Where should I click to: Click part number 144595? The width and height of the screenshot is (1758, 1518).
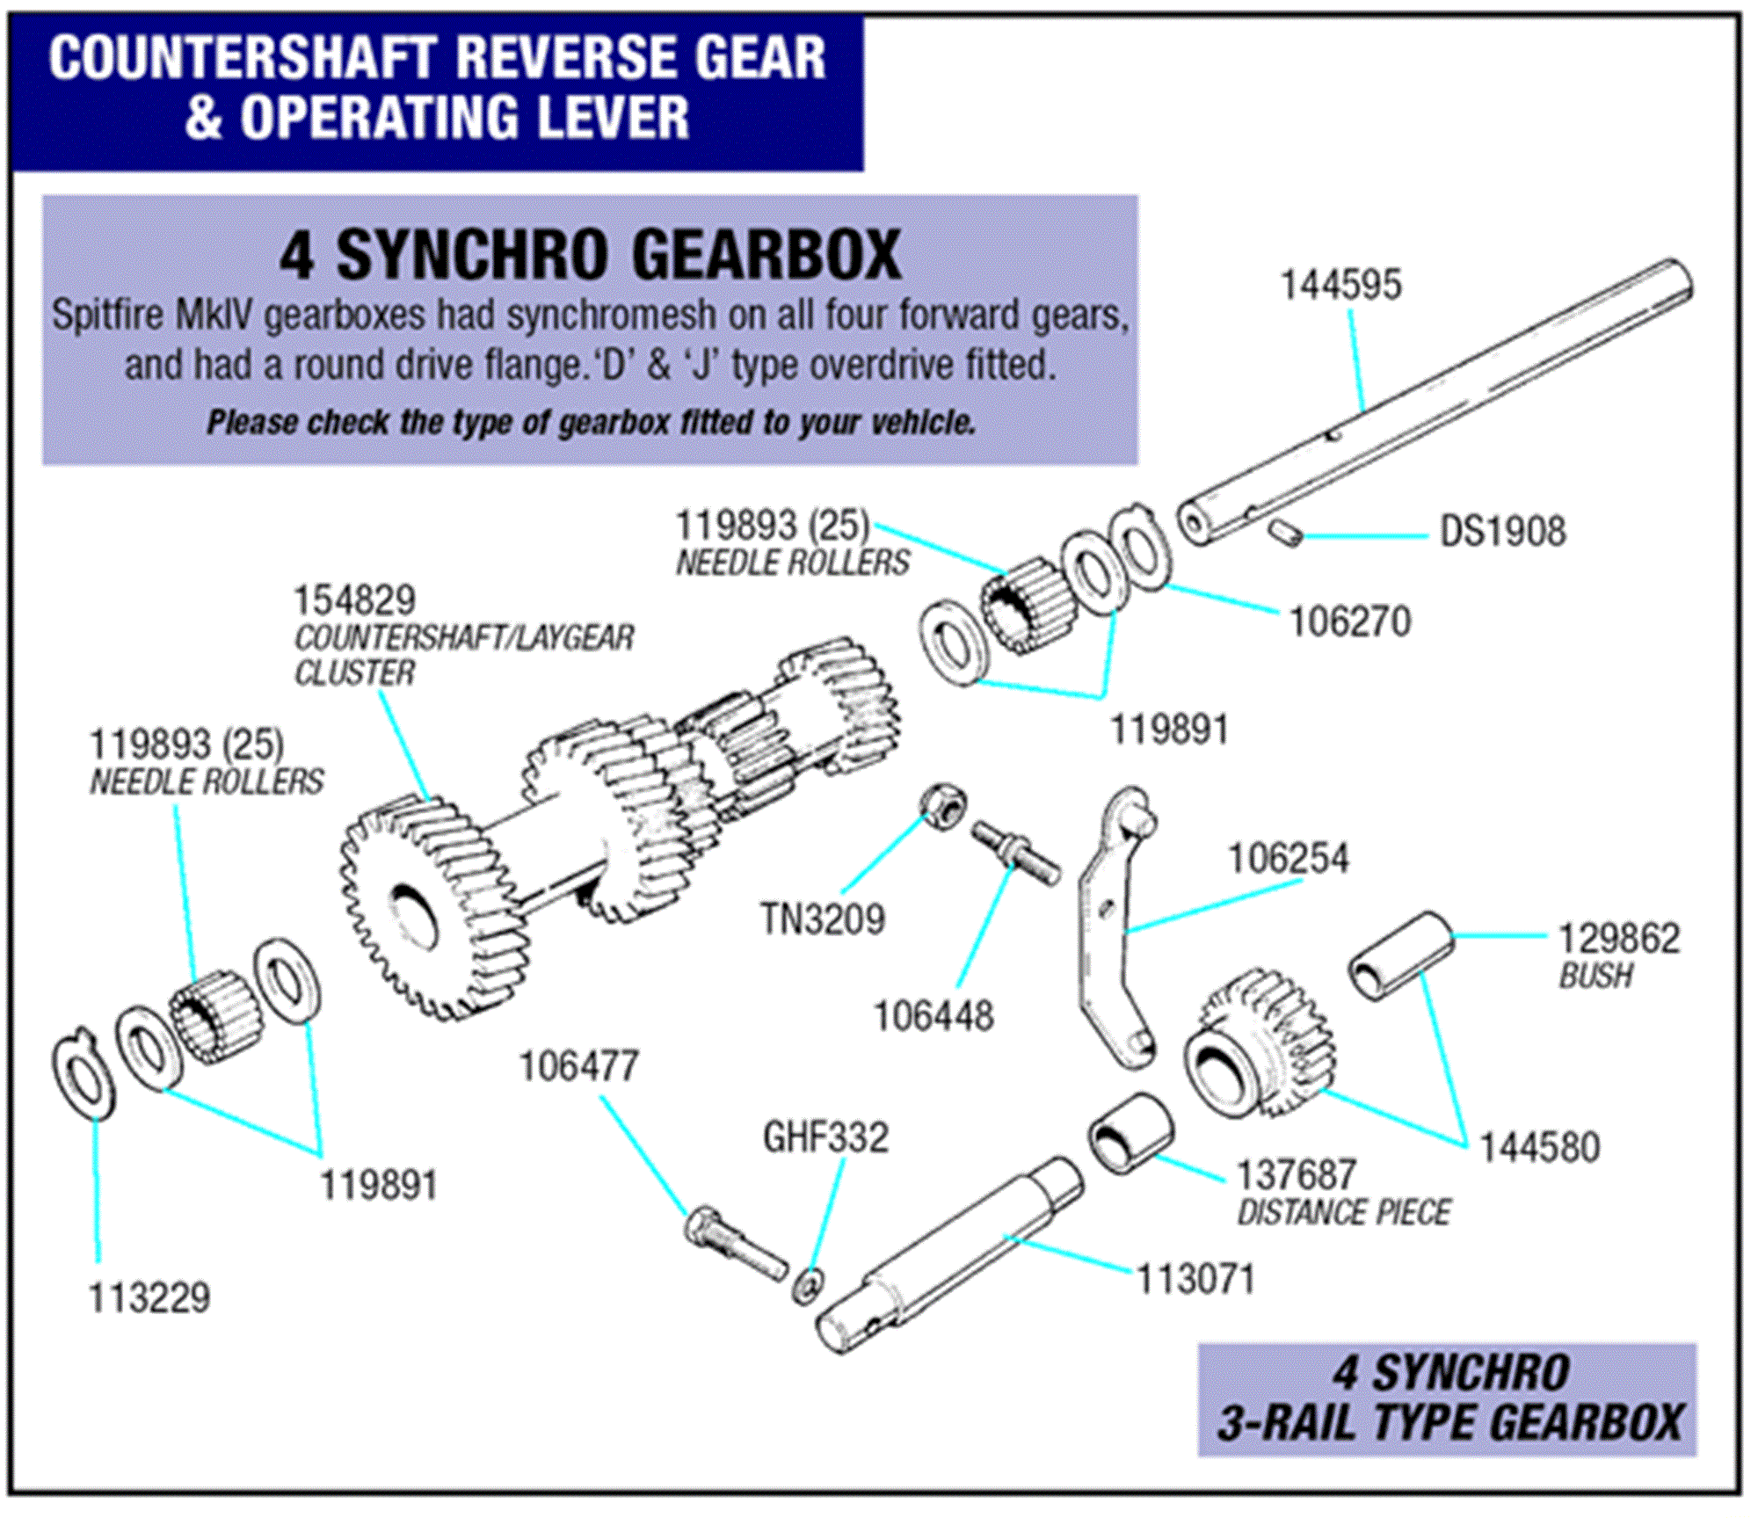[x=1340, y=286]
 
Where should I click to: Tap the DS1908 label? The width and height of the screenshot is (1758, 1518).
[x=1502, y=533]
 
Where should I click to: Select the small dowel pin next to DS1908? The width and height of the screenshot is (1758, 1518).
[x=1284, y=533]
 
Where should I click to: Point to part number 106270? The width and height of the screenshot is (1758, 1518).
[x=1350, y=622]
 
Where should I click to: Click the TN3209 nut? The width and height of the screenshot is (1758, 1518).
[x=943, y=806]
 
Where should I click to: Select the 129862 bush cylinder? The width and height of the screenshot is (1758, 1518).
[x=1401, y=957]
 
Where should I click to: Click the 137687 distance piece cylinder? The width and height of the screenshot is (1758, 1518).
[x=1130, y=1135]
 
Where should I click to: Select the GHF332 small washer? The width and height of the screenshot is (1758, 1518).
[x=807, y=1286]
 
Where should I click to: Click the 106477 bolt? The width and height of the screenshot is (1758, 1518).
[x=734, y=1245]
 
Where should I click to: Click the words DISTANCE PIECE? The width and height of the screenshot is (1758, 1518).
[x=1344, y=1214]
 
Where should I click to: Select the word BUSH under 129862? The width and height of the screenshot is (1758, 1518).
[x=1595, y=977]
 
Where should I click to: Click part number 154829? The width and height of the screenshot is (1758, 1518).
[x=353, y=602]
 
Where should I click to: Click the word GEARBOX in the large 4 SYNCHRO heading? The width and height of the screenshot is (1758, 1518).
[x=766, y=256]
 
